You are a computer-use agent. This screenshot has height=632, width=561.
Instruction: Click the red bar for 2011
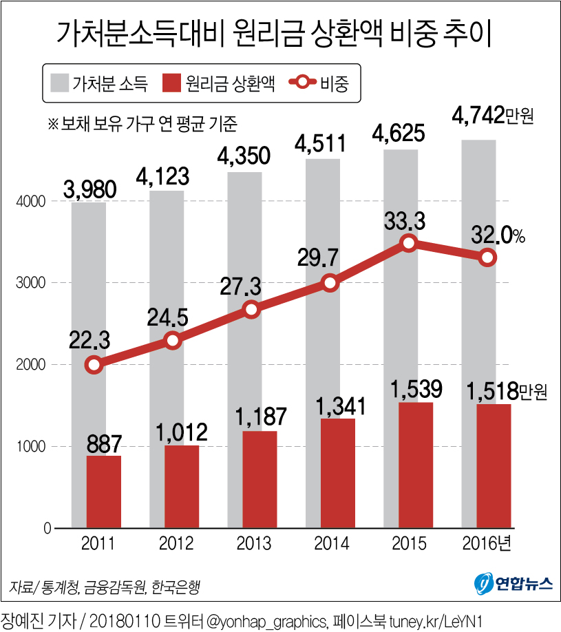coord(103,492)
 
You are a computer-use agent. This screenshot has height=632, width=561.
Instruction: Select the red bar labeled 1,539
coord(416,465)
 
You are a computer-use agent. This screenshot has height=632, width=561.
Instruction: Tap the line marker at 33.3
coord(409,243)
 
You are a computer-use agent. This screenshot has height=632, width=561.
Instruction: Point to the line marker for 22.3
coord(95,365)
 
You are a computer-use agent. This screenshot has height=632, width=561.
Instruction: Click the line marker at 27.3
coord(252,309)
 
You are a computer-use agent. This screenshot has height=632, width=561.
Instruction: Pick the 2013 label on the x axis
coord(252,545)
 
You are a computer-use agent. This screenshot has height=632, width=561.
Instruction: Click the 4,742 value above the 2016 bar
coord(477,116)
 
